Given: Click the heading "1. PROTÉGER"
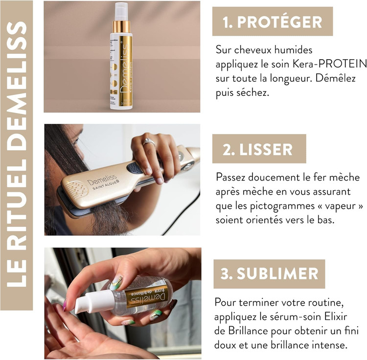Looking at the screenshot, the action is pyautogui.click(x=273, y=22).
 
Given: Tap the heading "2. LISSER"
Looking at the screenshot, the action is pyautogui.click(x=257, y=149).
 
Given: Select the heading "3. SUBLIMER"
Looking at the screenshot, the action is pyautogui.click(x=269, y=273).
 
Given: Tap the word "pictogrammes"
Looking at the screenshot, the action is pyautogui.click(x=282, y=206).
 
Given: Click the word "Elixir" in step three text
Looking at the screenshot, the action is pyautogui.click(x=336, y=316).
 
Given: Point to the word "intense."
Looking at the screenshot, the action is pyautogui.click(x=329, y=345).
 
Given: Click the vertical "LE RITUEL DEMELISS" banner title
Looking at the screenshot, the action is pyautogui.click(x=17, y=155).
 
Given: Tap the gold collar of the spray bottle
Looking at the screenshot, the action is pyautogui.click(x=121, y=27).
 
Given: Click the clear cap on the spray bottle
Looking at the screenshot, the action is pyautogui.click(x=121, y=11).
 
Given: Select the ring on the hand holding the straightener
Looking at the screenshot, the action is pyautogui.click(x=149, y=142).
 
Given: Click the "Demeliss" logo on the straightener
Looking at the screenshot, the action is pyautogui.click(x=102, y=180).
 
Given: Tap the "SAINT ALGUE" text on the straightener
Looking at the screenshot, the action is pyautogui.click(x=106, y=184).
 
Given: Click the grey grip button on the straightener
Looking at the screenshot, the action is pyautogui.click(x=135, y=168).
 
